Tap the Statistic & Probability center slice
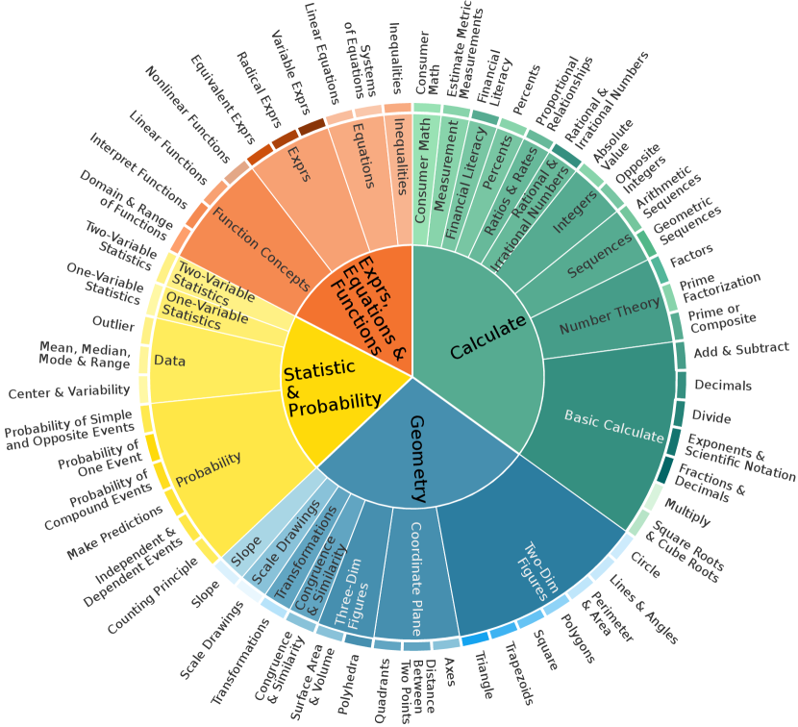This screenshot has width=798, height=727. (x=332, y=389)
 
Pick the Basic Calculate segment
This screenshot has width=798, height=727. (x=613, y=428)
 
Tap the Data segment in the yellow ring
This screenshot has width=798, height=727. (x=169, y=362)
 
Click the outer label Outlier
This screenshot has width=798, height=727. (x=113, y=324)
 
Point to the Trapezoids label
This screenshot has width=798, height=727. (x=516, y=683)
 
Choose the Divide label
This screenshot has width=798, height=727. (x=711, y=418)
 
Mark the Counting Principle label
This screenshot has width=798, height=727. (x=153, y=608)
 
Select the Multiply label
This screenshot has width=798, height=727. (x=687, y=512)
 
